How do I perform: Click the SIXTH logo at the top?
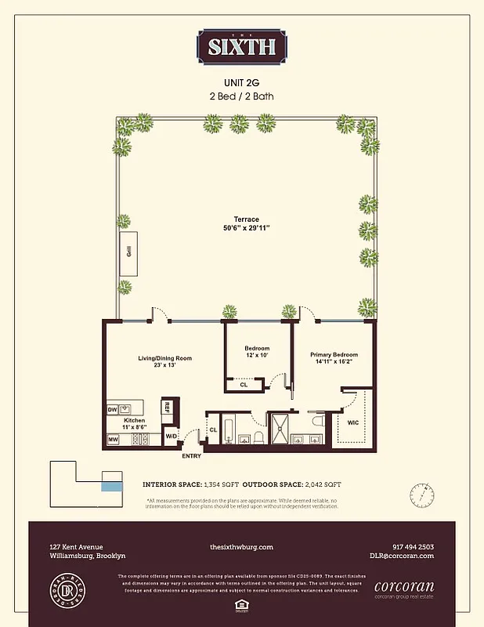point(241,46)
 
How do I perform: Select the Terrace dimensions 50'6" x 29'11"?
point(246,229)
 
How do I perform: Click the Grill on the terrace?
point(127,252)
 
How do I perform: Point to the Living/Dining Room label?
point(164,362)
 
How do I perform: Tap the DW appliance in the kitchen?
point(112,409)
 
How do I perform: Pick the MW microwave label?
point(113,439)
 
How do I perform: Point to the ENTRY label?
point(192,455)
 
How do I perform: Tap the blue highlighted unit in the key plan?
point(112,487)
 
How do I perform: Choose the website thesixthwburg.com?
point(241,547)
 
